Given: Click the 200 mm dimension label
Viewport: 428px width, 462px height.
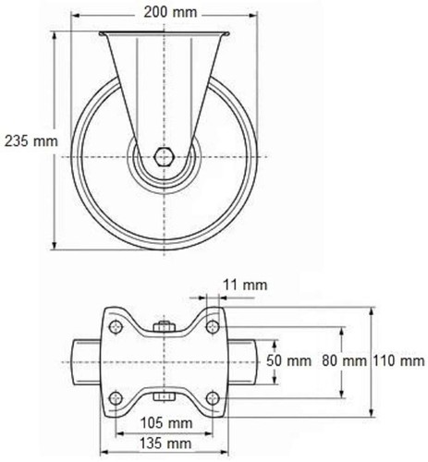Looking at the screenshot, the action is tap(170, 12).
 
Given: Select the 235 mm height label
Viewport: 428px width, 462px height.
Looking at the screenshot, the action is tap(31, 141).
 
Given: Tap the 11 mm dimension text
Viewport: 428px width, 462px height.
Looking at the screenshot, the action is tap(245, 285).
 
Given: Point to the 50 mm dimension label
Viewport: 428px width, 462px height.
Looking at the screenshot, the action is tap(288, 360).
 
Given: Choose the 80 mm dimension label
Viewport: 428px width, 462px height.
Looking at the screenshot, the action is tap(344, 360).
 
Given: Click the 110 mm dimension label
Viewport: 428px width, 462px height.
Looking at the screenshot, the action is tap(399, 360).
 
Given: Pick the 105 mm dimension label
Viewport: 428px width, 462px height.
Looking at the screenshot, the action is tap(166, 423).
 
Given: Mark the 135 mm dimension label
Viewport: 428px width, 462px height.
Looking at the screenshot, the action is tap(165, 444).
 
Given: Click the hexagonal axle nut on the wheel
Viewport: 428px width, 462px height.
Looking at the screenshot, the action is tap(164, 157).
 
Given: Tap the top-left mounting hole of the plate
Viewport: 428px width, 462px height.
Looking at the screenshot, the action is tap(116, 327).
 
